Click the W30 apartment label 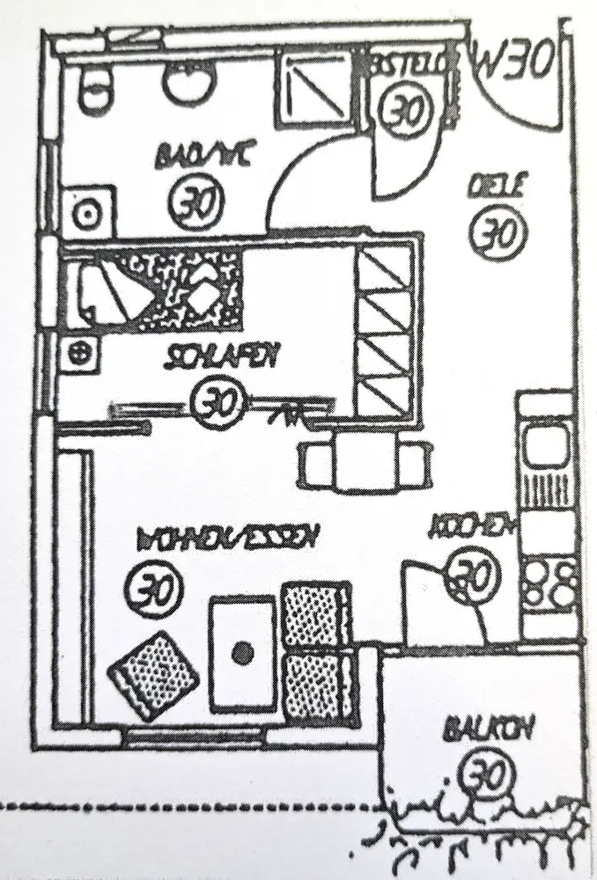pyautogui.click(x=516, y=60)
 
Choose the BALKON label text pyautogui.click(x=478, y=730)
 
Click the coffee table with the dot pyautogui.click(x=242, y=651)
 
